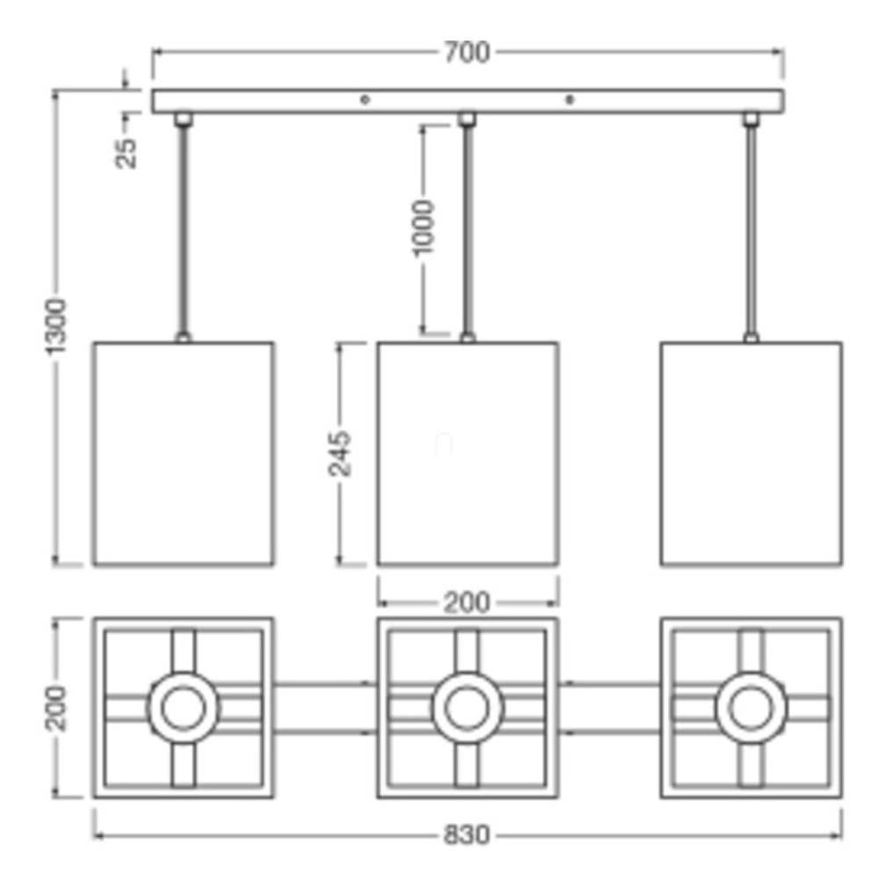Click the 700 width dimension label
click(466, 52)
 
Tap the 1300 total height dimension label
click(55, 326)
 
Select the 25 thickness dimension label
click(126, 154)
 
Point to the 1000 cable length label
click(423, 228)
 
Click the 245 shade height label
click(339, 454)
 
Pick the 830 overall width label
click(466, 834)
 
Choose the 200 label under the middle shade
click(467, 602)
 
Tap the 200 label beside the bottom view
click(55, 708)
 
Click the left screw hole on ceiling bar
click(365, 100)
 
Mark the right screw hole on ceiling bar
click(570, 100)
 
